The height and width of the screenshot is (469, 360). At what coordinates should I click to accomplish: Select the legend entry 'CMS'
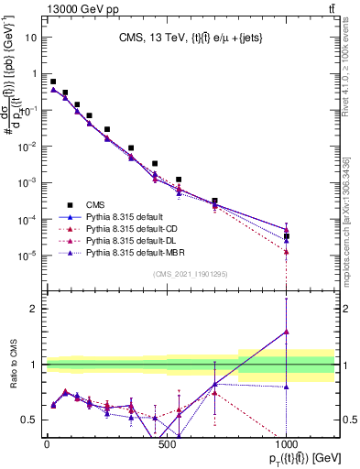[x=95, y=205]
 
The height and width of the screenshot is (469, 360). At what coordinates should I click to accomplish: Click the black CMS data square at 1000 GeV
[x=287, y=236]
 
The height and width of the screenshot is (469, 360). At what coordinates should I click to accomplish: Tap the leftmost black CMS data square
[x=53, y=82]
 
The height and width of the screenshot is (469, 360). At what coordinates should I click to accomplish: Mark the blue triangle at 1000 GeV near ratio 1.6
[x=287, y=332]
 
